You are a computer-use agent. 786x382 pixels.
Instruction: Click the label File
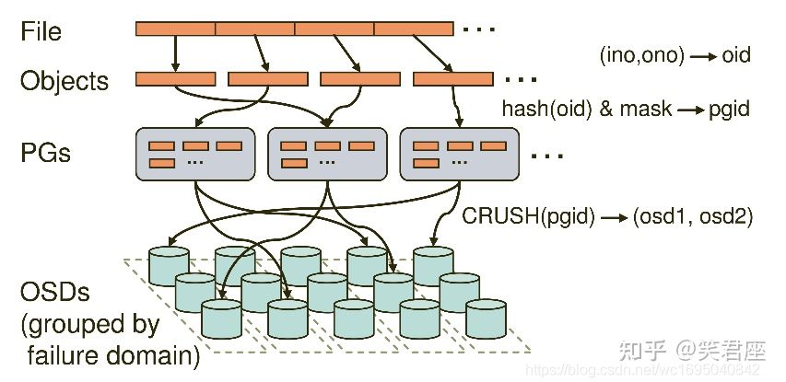tap(41, 31)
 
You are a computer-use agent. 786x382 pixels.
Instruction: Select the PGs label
tap(45, 152)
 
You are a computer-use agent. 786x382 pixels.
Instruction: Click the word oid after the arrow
tap(736, 55)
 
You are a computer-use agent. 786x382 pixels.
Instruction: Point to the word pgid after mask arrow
tap(729, 109)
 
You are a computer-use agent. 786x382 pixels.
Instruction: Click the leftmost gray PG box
tap(194, 154)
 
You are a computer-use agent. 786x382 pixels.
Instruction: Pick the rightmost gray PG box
tap(459, 154)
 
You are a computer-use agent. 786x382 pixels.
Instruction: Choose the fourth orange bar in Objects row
tap(452, 79)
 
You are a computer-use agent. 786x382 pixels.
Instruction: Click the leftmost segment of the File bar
tap(175, 29)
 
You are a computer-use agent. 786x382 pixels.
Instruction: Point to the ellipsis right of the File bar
tap(479, 30)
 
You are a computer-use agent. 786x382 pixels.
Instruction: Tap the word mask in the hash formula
tap(645, 109)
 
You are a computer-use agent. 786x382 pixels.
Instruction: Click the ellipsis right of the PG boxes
tap(547, 156)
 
